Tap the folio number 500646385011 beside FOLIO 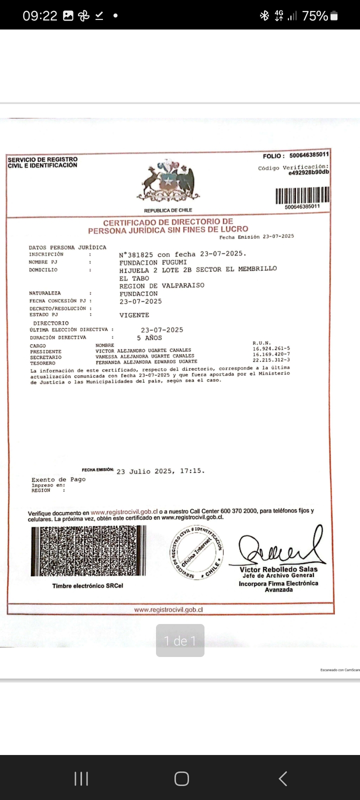coord(308,155)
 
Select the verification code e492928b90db coord(308,172)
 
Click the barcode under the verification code coord(302,195)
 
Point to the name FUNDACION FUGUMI coord(153,262)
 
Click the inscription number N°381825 coord(136,254)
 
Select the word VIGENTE coord(134,315)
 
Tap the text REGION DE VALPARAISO coord(161,286)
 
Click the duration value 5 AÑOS coord(149,338)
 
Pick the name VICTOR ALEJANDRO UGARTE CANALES coord(143,350)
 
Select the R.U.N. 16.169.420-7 coord(271,354)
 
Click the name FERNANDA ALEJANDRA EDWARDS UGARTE coord(146,361)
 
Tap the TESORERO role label coord(42,363)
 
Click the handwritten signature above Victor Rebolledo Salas coord(280,547)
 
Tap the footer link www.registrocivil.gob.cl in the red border coord(168,610)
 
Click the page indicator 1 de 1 coord(180,640)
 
